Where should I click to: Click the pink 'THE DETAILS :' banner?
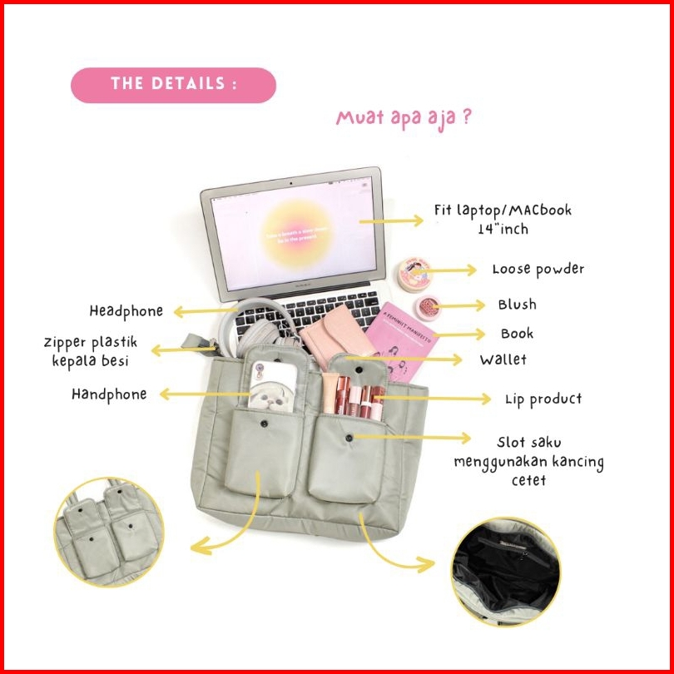tap(173, 85)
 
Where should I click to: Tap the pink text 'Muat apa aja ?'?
tap(404, 116)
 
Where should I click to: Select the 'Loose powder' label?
tap(538, 270)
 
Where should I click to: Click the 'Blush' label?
tap(517, 305)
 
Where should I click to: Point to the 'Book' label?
tap(517, 334)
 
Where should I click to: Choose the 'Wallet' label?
tap(503, 360)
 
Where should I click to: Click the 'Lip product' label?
tap(543, 399)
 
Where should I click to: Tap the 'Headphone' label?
tap(126, 311)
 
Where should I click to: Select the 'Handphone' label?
tap(109, 394)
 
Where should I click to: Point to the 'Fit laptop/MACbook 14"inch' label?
tap(503, 219)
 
